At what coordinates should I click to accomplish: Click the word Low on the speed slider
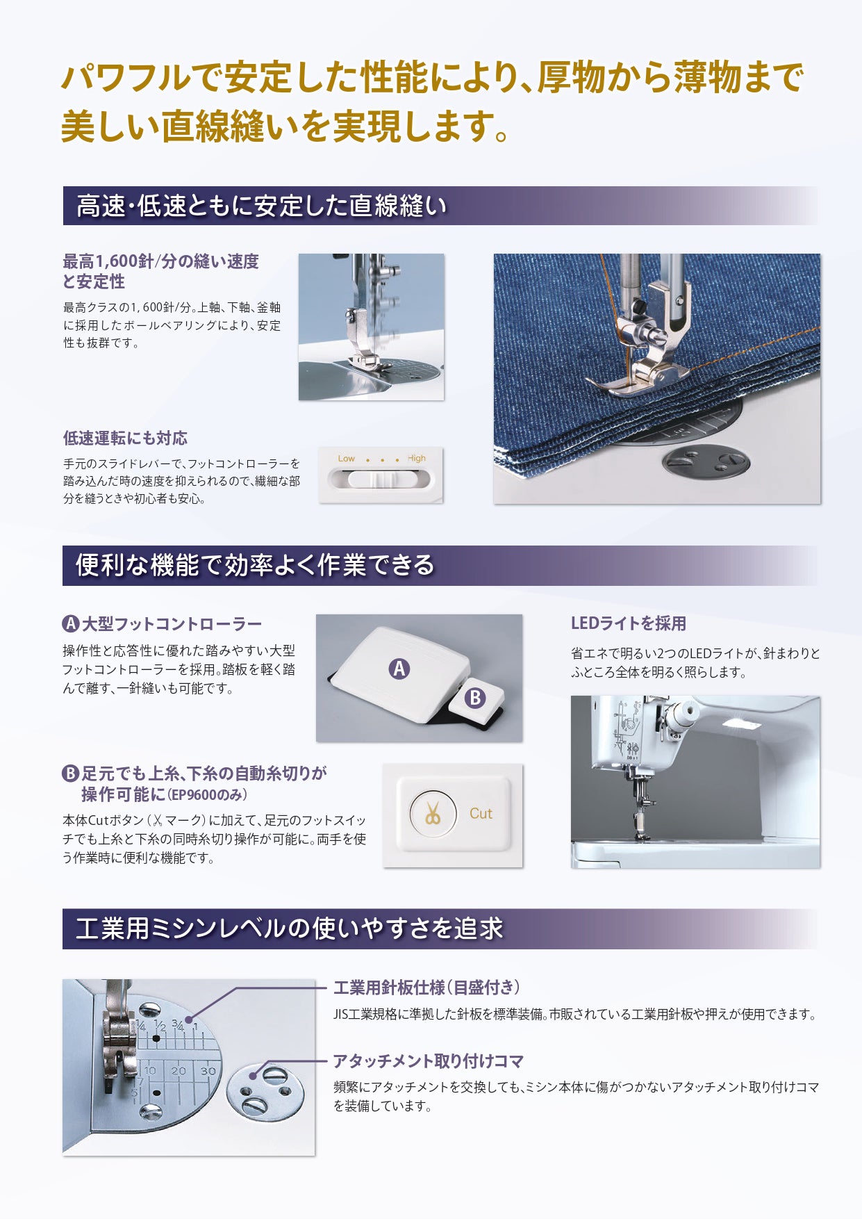point(346,459)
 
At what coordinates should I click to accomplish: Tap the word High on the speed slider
point(417,459)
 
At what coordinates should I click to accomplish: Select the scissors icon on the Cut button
point(433,813)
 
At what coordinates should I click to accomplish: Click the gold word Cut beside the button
point(481,813)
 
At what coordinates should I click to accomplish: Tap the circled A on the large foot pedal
point(399,669)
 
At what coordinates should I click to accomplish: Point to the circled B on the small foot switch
point(475,697)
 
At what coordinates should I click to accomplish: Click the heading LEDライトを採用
point(628,623)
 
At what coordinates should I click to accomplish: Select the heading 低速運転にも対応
point(125,438)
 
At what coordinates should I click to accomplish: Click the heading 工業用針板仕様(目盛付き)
point(426,987)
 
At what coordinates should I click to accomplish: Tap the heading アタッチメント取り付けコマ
point(429,1061)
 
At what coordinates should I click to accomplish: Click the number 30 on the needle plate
point(208,1071)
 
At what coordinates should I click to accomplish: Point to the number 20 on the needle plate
point(179,1071)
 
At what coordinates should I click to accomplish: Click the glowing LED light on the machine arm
point(740,725)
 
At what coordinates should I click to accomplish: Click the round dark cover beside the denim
point(706,461)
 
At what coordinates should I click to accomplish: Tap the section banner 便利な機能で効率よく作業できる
point(255,565)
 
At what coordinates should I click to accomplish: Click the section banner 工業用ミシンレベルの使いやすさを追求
point(289,928)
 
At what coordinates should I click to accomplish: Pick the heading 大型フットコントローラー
point(172,623)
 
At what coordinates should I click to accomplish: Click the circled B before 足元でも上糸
point(71,774)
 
